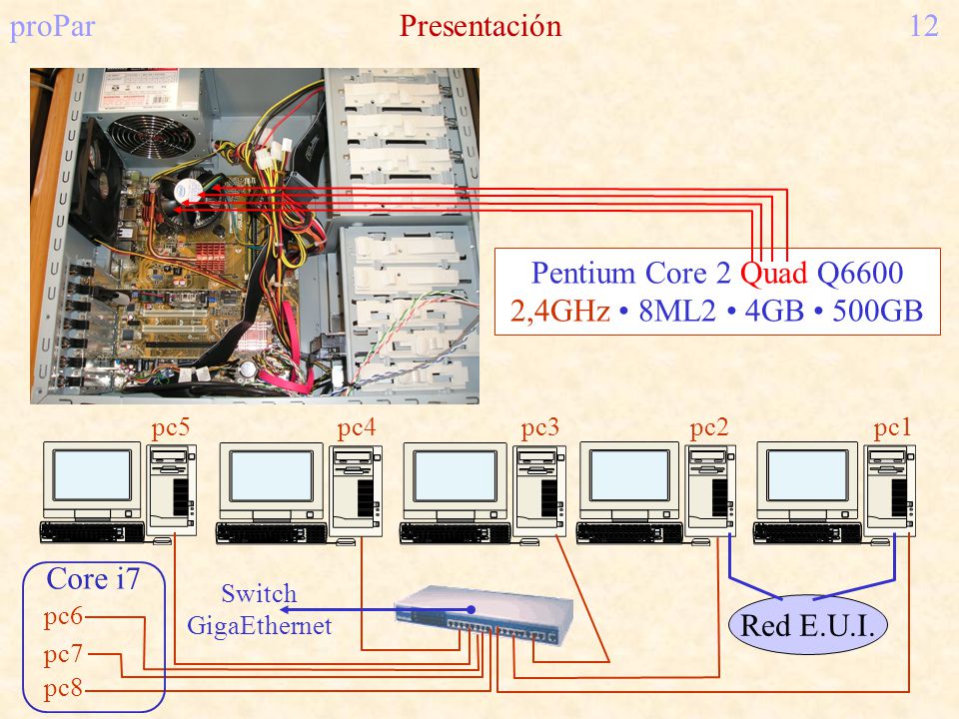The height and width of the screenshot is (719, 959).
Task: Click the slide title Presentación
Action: pos(480,26)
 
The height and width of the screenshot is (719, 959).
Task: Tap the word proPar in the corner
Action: pos(53,27)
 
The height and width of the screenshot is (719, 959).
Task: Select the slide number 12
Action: pos(924,26)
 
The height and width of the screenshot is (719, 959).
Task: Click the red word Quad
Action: pos(773,273)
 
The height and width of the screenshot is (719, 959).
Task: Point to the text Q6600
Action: pos(860,273)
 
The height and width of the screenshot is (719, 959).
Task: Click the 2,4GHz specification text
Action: pos(560,311)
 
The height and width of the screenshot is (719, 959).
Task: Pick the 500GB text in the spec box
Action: pos(877,311)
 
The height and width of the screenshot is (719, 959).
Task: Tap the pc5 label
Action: pos(171,428)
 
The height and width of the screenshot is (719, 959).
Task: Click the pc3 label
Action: pos(540,428)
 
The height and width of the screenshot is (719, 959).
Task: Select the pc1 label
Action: pos(892,428)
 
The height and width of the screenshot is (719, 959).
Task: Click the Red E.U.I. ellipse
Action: pos(807,625)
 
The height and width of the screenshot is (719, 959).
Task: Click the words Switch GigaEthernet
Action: pos(260,609)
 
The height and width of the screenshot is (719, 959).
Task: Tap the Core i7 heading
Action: pos(93,579)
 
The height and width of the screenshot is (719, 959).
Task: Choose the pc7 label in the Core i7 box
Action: pos(63,654)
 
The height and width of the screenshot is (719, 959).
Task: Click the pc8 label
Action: pos(63,688)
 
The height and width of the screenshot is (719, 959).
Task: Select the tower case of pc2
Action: pos(709,489)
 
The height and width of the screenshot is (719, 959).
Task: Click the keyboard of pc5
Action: pos(92,532)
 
